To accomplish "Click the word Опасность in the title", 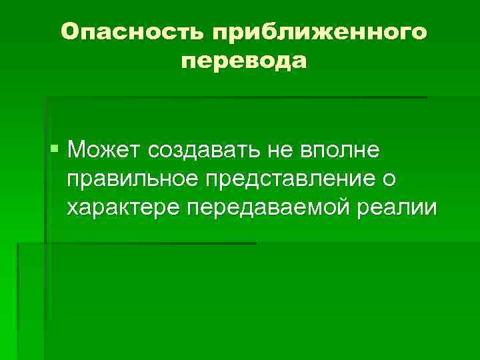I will click(x=129, y=33).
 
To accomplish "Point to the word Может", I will click(x=103, y=150).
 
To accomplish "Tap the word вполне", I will click(x=340, y=151).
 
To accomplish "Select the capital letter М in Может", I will click(x=77, y=150).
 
